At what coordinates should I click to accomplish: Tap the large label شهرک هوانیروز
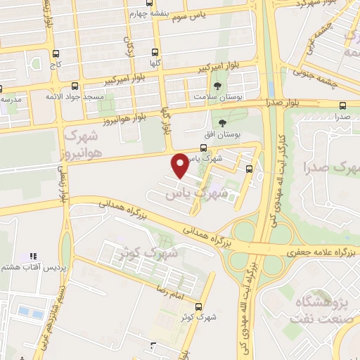pyautogui.click(x=84, y=141)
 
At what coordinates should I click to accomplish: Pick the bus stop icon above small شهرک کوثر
pyautogui.click(x=200, y=307)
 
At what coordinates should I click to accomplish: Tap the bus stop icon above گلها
pyautogui.click(x=155, y=52)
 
